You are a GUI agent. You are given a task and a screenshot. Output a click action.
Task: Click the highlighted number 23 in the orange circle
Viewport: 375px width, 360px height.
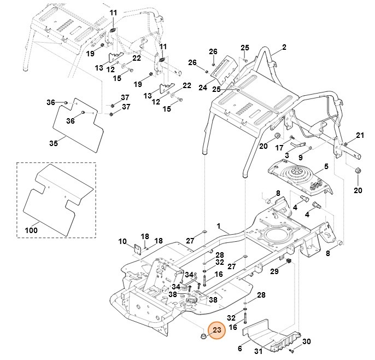click(216, 330)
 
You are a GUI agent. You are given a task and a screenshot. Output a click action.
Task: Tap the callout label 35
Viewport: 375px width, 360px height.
click(53, 143)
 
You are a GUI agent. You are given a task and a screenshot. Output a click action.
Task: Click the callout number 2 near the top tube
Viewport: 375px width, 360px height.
click(284, 49)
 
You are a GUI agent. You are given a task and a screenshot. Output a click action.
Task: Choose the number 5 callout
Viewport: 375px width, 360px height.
click(326, 166)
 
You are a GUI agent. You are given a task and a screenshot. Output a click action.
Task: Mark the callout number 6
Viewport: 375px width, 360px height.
click(239, 348)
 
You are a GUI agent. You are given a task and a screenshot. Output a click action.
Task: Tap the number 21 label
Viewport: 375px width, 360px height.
click(359, 135)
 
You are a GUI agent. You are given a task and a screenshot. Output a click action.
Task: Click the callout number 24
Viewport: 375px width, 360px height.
click(203, 88)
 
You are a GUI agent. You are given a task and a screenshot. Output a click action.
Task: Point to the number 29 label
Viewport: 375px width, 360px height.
click(275, 271)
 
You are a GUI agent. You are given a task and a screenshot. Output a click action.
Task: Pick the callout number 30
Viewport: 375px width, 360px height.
click(306, 341)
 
